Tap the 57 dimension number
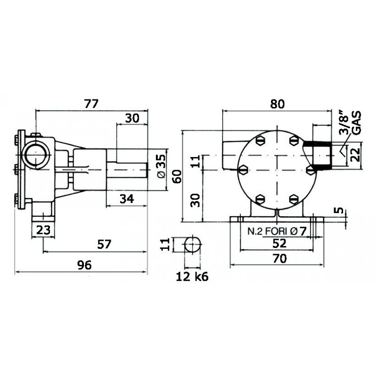(104, 244)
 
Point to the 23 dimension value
(43, 231)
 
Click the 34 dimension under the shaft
(126, 199)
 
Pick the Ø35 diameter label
(160, 166)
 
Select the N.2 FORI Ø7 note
(277, 231)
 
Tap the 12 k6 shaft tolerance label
(192, 277)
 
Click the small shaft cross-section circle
(192, 245)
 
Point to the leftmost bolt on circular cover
(243, 170)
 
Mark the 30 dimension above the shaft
(132, 118)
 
